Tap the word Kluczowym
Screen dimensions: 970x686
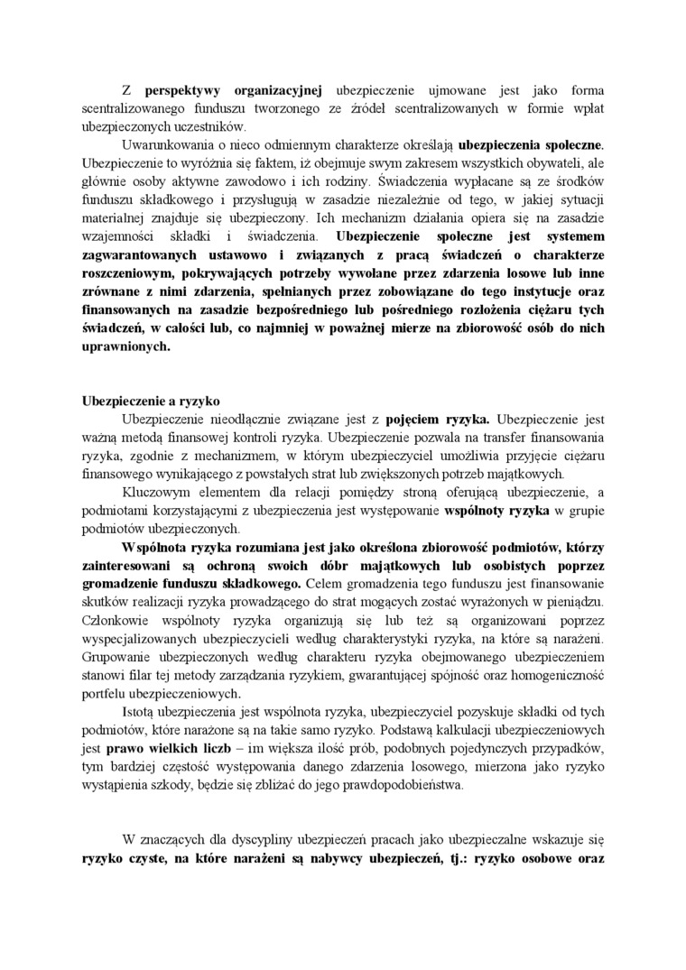click(154, 491)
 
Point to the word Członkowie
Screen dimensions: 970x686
click(116, 620)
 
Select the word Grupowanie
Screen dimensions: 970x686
click(122, 656)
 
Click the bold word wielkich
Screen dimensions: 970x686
click(176, 749)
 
